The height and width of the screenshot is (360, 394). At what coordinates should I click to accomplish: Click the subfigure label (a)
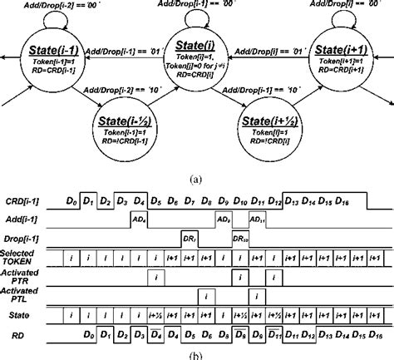click(x=196, y=177)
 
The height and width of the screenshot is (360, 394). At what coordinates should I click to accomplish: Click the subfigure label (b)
click(x=196, y=354)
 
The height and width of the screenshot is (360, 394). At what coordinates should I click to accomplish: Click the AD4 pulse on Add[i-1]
click(x=140, y=219)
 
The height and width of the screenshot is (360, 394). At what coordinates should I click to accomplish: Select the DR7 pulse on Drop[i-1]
click(x=189, y=239)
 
